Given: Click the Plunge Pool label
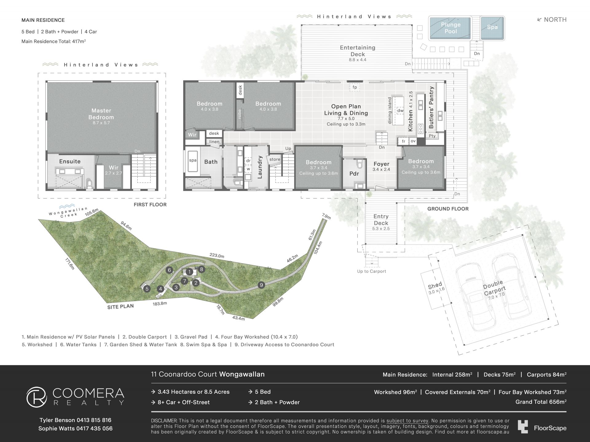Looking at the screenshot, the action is pyautogui.click(x=450, y=28).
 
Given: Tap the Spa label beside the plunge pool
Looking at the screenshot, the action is pyautogui.click(x=492, y=27).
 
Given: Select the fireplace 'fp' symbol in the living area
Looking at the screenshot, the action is pyautogui.click(x=355, y=87).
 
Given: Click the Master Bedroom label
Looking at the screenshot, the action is pyautogui.click(x=101, y=114).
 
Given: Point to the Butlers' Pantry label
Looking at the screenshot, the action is pyautogui.click(x=431, y=107).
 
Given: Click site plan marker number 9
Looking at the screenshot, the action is pyautogui.click(x=261, y=285).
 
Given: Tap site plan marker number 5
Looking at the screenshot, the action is pyautogui.click(x=147, y=289).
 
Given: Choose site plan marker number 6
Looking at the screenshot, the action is pyautogui.click(x=169, y=270).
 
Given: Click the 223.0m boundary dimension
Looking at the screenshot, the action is pyautogui.click(x=217, y=256).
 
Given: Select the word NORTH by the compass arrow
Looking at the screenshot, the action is pyautogui.click(x=555, y=20).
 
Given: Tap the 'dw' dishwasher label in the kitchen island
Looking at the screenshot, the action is pyautogui.click(x=400, y=111).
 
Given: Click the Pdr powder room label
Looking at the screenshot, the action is pyautogui.click(x=354, y=174).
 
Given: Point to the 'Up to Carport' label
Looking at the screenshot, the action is pyautogui.click(x=372, y=271).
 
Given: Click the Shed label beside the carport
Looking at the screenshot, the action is pyautogui.click(x=435, y=286).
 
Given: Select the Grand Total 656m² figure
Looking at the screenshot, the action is pyautogui.click(x=541, y=402).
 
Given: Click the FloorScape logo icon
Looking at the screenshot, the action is pyautogui.click(x=523, y=427).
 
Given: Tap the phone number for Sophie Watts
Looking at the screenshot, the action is pyautogui.click(x=94, y=428).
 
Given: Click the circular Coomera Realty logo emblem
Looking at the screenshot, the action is pyautogui.click(x=37, y=397).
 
